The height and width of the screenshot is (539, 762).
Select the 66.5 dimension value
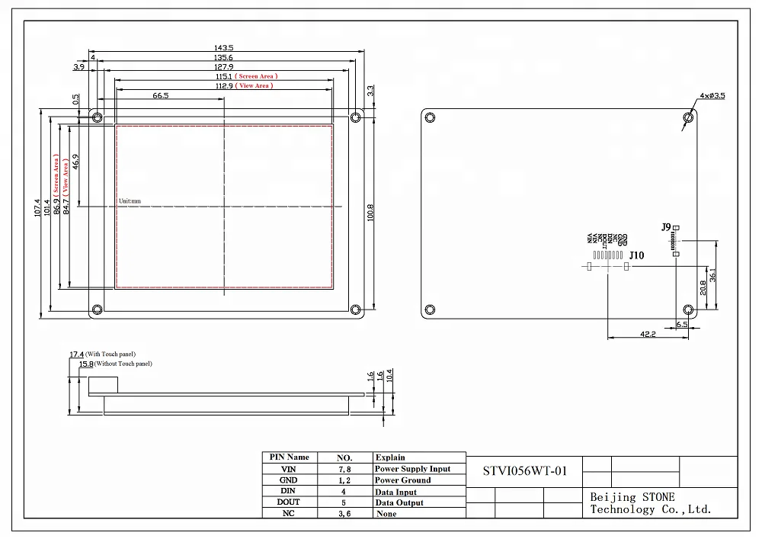pos(160,95)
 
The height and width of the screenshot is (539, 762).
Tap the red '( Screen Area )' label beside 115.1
pos(256,76)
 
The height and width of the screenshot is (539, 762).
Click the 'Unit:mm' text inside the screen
pos(130,201)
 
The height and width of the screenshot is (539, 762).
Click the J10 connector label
pos(636,256)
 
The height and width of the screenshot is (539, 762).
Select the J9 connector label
pos(666,227)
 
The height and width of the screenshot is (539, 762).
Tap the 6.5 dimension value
pos(682,324)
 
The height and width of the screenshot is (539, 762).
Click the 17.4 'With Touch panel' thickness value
pos(76,355)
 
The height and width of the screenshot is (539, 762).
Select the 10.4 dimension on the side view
pos(390,375)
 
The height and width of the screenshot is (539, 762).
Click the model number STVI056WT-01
pos(526,470)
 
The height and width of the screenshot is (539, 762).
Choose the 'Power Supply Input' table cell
pos(412,469)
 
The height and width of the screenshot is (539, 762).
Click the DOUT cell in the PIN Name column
pos(289,502)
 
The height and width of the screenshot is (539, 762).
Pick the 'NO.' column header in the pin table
pos(344,457)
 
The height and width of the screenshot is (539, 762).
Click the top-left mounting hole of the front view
pos(97,117)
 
